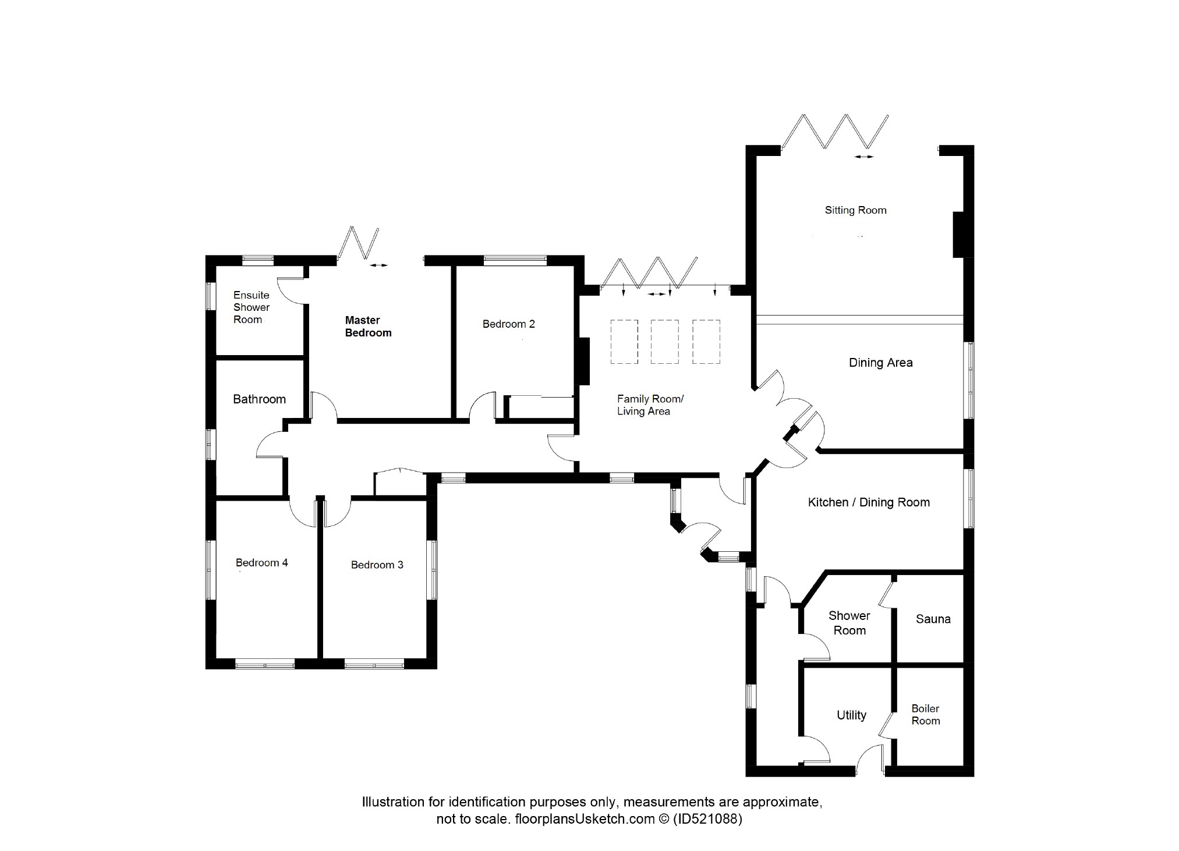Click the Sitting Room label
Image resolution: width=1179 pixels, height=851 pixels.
855,210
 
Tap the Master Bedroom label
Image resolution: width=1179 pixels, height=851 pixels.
368,327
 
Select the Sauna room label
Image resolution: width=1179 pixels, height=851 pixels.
933,619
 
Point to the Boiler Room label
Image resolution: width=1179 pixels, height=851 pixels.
925,715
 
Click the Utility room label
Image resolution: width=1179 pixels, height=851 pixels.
851,715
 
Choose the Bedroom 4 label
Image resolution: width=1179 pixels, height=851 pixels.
261,563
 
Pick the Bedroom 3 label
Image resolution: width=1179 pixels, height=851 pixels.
377,565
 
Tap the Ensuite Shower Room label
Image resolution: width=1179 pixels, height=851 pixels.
252,307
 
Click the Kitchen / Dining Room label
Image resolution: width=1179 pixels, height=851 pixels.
869,502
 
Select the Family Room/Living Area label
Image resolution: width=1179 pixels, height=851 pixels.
650,405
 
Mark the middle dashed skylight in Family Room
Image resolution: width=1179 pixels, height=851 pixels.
664,342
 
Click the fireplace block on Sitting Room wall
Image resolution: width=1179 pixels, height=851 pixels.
958,235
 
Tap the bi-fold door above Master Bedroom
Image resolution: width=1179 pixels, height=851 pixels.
358,243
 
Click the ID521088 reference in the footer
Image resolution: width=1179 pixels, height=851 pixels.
707,820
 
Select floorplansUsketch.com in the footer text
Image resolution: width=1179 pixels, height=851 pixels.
584,820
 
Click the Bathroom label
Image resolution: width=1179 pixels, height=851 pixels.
259,399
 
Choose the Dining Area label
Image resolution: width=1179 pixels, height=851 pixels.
880,363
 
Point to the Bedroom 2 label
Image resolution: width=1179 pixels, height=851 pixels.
508,324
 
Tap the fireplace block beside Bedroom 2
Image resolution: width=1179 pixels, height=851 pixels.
583,361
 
